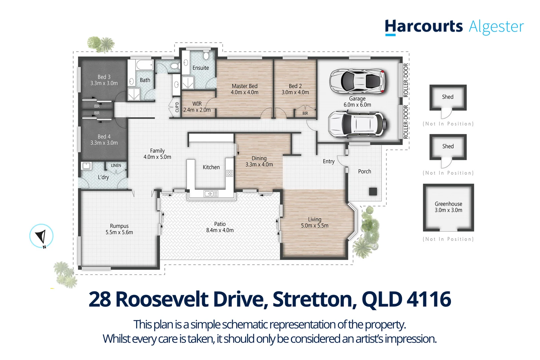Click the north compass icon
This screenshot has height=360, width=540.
pos(41,236)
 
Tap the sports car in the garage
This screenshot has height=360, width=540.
pos(357,81)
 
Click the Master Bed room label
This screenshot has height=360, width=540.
pos(244,89)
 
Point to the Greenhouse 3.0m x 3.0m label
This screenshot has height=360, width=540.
pos(448,207)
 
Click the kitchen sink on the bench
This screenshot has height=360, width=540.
pos(211,193)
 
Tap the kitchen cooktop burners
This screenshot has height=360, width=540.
pos(229,173)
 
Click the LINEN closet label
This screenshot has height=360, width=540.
pos(116,165)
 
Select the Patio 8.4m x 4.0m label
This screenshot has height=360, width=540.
pos(220,227)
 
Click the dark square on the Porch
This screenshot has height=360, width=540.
pos(373,191)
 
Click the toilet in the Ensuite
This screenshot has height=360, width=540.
pos(206,55)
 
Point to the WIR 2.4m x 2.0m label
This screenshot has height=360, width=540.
pos(197,107)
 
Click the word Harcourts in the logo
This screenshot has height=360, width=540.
pos(424,27)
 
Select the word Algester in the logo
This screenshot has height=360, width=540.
pos(496,27)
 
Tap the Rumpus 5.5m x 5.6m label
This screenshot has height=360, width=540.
pos(119,229)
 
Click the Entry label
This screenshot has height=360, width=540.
pos(329,161)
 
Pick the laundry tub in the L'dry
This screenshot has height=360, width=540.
pos(86,166)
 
